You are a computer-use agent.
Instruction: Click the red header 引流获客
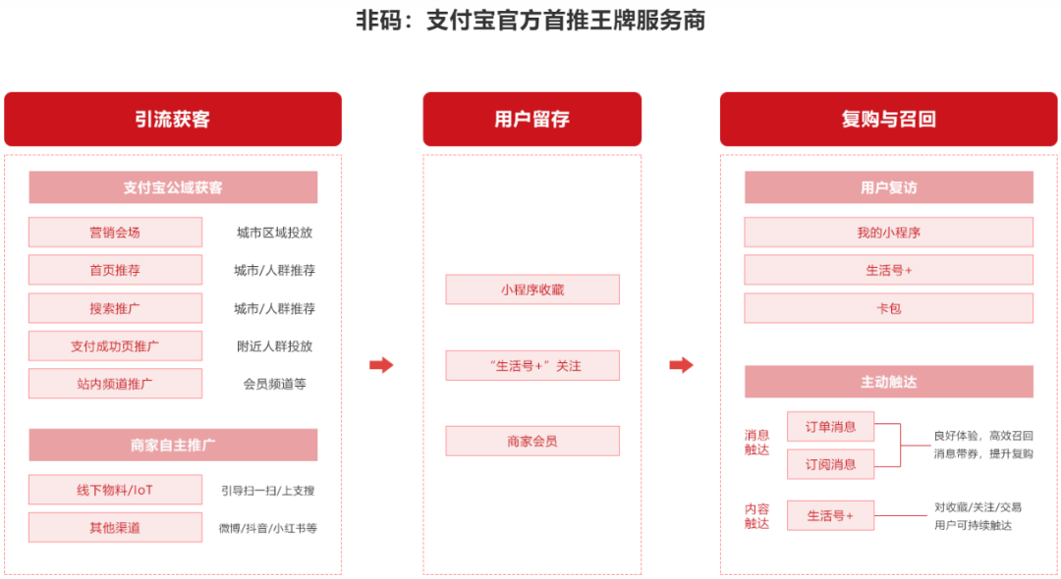coord(173,119)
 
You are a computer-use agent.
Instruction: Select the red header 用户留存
coord(531,119)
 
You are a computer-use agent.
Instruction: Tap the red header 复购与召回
coord(888,119)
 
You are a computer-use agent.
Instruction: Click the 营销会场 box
coord(115,233)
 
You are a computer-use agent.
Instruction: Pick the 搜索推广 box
coord(115,308)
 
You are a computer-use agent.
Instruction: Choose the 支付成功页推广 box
coord(115,345)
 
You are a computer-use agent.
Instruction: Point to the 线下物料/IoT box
coord(115,490)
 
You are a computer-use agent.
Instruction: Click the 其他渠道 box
coord(115,528)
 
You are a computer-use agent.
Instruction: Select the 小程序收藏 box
coord(532,289)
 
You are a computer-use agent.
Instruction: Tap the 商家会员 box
coord(532,442)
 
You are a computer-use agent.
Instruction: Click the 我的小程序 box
coord(888,233)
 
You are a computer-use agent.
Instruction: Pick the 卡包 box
coord(888,308)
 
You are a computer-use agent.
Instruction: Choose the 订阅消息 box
coord(830,464)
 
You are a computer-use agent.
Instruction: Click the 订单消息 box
coord(830,426)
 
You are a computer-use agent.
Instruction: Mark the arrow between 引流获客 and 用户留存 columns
coord(381,365)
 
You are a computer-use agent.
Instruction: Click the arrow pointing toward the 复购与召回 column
coord(682,365)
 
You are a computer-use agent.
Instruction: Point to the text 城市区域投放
coord(275,233)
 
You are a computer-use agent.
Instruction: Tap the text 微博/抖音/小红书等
coord(268,528)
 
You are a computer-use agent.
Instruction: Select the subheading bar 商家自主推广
coord(173,445)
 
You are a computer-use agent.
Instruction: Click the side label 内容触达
coord(757,516)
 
